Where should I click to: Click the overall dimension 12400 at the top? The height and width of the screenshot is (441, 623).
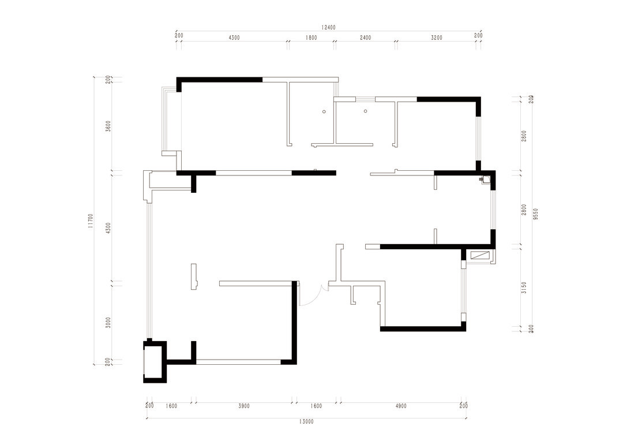tap(329, 28)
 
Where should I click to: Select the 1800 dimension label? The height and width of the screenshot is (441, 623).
tap(311, 38)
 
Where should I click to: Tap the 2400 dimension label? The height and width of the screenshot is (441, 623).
tap(365, 38)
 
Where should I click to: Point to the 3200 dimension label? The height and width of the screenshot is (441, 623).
tap(436, 38)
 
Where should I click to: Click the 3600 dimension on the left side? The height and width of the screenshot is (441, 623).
tap(108, 126)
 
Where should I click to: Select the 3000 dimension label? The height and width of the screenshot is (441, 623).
tap(108, 323)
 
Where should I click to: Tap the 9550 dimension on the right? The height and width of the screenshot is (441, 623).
tap(535, 214)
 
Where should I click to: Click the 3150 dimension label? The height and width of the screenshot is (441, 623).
tap(524, 287)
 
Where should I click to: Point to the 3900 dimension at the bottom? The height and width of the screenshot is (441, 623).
tap(244, 406)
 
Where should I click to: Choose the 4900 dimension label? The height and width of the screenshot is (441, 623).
tap(401, 406)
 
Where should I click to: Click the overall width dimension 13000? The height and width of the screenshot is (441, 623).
tap(306, 421)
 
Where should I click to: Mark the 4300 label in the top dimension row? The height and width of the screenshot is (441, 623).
tap(234, 38)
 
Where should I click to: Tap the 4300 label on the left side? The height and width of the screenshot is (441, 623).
tap(108, 228)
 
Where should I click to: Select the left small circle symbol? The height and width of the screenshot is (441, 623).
tap(324, 112)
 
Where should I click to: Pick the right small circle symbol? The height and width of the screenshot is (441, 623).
tap(366, 111)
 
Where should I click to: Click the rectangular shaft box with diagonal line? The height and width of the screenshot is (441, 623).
tap(480, 255)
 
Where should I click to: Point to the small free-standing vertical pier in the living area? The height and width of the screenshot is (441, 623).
tap(194, 276)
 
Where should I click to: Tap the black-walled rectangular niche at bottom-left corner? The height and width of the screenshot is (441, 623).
tap(155, 361)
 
